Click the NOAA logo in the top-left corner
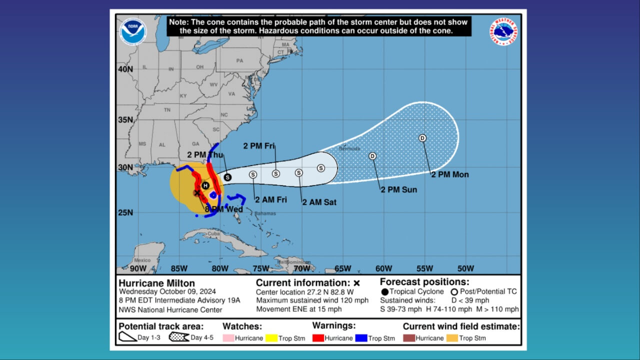tap(133, 31)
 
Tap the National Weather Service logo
tap(503, 31)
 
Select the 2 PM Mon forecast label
tap(449, 174)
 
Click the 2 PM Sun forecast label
tap(398, 189)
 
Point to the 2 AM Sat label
tap(319, 202)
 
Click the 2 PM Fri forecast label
tap(259, 146)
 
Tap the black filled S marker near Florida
tap(227, 176)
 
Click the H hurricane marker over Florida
tap(205, 185)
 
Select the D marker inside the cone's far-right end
tap(422, 138)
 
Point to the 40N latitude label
tap(125, 69)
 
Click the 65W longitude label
tap(342, 268)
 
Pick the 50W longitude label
tap(465, 268)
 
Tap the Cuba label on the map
tap(214, 233)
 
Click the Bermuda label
tap(349, 148)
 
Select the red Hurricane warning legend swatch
tap(317, 338)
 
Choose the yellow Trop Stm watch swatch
tap(272, 338)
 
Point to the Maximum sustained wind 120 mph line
tap(312, 300)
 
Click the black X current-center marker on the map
tap(197, 192)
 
